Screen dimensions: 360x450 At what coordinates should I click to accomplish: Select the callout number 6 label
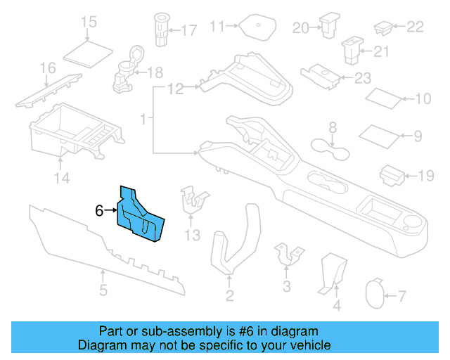99,210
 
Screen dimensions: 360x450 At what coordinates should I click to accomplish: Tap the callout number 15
88,22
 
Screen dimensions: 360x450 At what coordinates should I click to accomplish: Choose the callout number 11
217,27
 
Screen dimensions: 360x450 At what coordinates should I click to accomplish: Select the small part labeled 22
383,27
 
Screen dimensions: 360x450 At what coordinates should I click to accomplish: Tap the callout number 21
381,51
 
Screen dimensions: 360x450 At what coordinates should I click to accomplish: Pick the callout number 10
423,99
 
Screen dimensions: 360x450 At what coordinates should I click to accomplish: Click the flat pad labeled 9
379,133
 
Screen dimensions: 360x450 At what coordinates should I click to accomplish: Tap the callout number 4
336,305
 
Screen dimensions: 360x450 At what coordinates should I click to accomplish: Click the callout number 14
63,179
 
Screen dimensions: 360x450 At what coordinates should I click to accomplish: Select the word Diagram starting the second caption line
102,345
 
